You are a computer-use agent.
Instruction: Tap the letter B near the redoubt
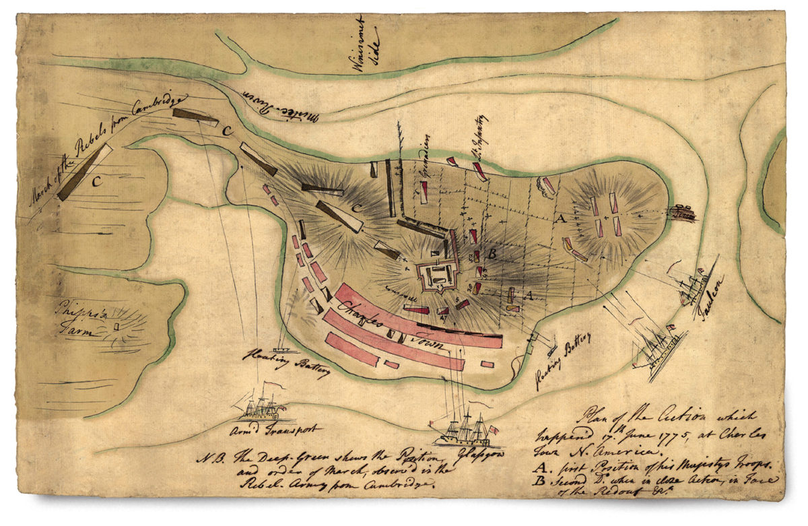[x=492, y=255]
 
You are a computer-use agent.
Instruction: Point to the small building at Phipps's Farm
[x=116, y=327]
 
